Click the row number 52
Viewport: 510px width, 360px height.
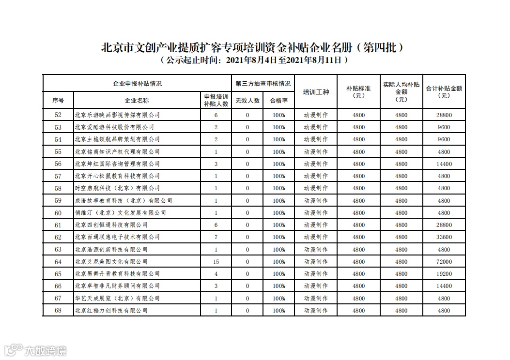coord(59,115)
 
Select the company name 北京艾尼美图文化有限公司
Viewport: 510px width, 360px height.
coord(111,262)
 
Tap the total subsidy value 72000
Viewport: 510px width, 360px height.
coord(444,262)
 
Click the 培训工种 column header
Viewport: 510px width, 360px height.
coord(316,92)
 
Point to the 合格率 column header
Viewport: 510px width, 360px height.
coord(278,101)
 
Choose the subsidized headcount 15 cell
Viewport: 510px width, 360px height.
coord(216,262)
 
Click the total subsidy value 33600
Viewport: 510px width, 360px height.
coord(444,237)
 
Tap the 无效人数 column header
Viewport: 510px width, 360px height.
coord(247,101)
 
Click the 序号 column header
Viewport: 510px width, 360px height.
coord(59,101)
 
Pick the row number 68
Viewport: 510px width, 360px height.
coord(59,311)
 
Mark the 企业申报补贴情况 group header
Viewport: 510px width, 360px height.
coord(137,83)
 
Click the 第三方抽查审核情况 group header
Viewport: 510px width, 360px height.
coord(263,83)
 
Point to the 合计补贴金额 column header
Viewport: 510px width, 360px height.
coord(444,92)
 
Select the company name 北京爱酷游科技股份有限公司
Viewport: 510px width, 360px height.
coord(114,127)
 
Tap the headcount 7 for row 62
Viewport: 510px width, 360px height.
coord(216,237)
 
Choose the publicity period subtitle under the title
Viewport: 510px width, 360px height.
coord(254,61)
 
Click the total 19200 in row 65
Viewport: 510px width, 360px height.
coord(444,274)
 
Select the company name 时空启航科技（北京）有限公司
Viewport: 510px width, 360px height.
coord(117,188)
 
